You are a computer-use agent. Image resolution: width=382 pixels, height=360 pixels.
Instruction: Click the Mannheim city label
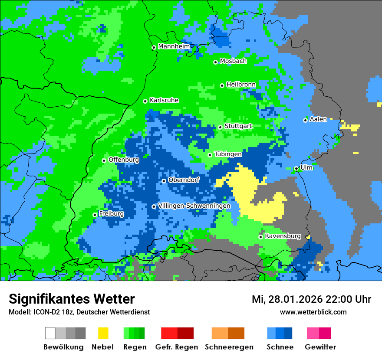[x=174, y=46]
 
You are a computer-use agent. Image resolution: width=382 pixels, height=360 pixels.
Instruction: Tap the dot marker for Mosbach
[x=215, y=62]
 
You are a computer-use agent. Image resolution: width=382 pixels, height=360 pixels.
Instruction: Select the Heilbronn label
[x=241, y=85]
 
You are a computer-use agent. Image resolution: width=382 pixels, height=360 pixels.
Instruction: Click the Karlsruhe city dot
[x=145, y=101]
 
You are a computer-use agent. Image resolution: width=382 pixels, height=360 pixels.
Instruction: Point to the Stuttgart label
[x=238, y=126]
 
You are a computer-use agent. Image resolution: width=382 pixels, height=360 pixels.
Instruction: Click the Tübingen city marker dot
[x=210, y=155]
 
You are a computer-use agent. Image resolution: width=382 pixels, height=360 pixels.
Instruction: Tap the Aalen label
[x=318, y=119]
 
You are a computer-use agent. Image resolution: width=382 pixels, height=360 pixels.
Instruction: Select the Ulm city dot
[x=296, y=169]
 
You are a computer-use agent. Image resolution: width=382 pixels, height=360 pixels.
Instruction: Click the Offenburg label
[x=124, y=160]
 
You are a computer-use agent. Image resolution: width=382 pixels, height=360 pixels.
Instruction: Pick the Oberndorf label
[x=184, y=180]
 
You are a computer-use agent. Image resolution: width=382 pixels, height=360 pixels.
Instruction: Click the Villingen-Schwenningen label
[x=194, y=206]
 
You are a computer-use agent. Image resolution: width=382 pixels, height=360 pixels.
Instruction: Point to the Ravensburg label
[x=283, y=236]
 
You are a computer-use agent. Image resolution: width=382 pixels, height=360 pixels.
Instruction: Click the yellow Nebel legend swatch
[x=103, y=333]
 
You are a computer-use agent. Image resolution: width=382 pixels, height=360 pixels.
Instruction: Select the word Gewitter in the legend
[x=320, y=347]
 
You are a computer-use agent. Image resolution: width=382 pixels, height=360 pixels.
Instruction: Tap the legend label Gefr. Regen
[x=177, y=347]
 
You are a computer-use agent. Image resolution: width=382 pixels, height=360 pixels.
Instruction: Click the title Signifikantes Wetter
[x=72, y=299]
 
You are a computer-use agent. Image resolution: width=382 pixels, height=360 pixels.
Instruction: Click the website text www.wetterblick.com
[x=313, y=312]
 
